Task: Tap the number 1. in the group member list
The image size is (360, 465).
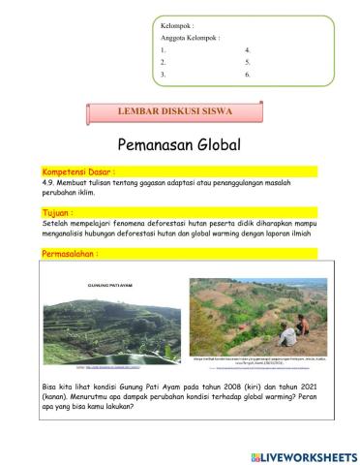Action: (x=165, y=48)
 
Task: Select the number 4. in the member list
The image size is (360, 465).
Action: (x=249, y=48)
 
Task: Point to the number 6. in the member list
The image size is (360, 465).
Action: (x=249, y=74)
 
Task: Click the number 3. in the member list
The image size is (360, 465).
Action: (x=165, y=74)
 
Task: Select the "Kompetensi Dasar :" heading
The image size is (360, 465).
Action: (x=81, y=170)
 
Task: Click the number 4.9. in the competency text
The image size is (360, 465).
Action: (x=52, y=181)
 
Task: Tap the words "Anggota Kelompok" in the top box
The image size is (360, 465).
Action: (x=190, y=36)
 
